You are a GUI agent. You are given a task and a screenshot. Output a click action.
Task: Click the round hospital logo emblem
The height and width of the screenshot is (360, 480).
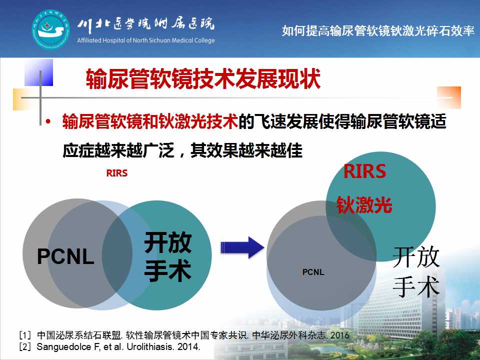[x=51, y=29]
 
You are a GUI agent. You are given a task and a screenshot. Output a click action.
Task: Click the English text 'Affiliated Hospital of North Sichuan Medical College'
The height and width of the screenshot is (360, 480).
[x=145, y=40]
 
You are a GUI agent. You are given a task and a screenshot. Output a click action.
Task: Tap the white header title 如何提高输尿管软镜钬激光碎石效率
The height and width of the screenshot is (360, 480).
[x=378, y=30]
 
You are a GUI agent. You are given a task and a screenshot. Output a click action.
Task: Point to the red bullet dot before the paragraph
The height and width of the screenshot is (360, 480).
[x=48, y=121]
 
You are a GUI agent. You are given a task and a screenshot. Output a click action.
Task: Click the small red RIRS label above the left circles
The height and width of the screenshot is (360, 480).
[x=116, y=173]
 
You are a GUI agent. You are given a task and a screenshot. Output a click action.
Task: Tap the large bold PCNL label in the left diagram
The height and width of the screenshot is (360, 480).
[x=65, y=256]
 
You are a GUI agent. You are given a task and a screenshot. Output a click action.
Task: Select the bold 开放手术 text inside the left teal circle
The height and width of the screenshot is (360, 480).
[x=168, y=256]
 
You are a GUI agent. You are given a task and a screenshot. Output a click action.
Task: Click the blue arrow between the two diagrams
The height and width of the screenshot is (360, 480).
[x=242, y=247]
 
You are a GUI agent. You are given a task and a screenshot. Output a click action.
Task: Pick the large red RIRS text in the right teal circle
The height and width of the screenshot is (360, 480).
[x=365, y=171]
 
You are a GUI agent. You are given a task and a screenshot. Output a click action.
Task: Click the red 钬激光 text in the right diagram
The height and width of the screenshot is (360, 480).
[x=364, y=204]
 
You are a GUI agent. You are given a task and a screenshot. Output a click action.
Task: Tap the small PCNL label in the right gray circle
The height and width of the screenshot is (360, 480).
[x=313, y=272]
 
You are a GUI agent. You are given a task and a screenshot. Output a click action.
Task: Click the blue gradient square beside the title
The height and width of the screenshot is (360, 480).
[x=38, y=72]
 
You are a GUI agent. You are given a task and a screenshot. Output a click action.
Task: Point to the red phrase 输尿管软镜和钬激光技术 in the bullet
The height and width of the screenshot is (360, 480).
[x=150, y=121]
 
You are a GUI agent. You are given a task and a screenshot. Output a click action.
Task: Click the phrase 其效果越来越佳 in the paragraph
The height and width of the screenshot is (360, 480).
[x=246, y=150]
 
